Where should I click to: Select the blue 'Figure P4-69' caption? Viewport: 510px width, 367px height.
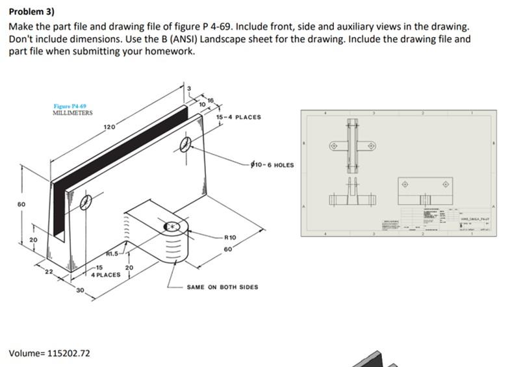tap(70, 106)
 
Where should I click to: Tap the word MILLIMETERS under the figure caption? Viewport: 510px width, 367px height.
tap(72, 112)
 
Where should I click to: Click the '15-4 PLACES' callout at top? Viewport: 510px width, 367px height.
tap(238, 117)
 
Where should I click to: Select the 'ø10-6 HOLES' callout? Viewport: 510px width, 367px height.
tap(272, 164)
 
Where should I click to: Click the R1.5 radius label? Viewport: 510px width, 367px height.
tap(112, 254)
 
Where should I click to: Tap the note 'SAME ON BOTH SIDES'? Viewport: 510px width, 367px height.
tap(222, 286)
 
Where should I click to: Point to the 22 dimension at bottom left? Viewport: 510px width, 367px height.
tap(47, 272)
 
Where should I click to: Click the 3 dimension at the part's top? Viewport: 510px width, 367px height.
tap(189, 88)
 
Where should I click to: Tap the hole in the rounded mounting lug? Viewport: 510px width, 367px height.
tap(173, 227)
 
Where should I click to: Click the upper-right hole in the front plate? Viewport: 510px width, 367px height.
tap(186, 144)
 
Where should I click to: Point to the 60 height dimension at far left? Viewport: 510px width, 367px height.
tap(21, 204)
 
